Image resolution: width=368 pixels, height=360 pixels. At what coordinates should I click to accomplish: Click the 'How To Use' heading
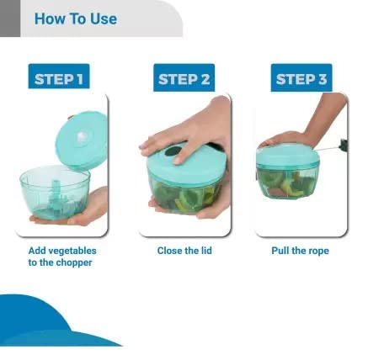75,19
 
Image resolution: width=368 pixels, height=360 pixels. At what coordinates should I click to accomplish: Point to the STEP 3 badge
302,78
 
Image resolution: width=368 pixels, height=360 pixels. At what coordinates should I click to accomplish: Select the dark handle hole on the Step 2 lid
176,152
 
